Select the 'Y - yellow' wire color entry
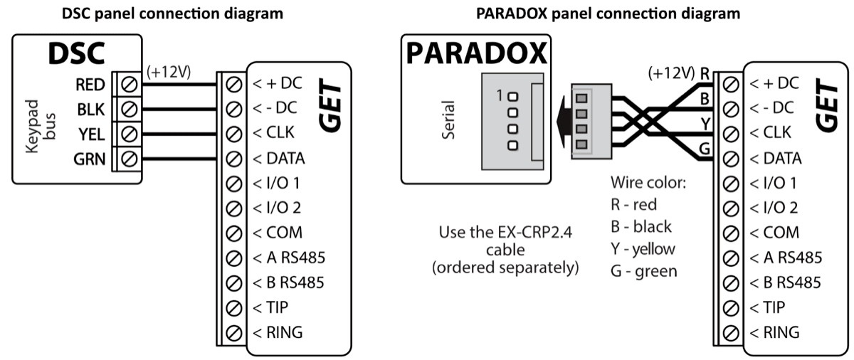[x=643, y=249]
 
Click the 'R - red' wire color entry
[x=633, y=205]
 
